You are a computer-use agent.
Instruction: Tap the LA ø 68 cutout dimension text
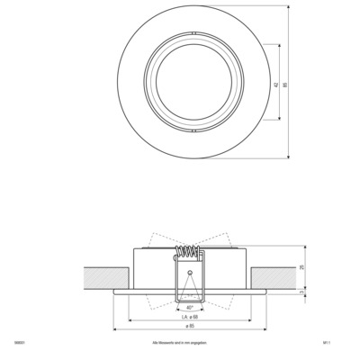(x=190, y=316)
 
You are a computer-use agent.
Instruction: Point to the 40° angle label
(x=189, y=306)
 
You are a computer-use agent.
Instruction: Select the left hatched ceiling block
(x=105, y=276)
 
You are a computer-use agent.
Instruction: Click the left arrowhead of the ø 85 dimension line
(x=115, y=330)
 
